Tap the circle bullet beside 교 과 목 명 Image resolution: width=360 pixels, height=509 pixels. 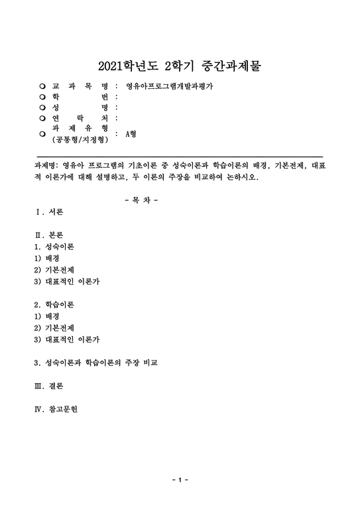pos(42,87)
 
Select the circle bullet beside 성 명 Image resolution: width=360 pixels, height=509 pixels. pos(42,107)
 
